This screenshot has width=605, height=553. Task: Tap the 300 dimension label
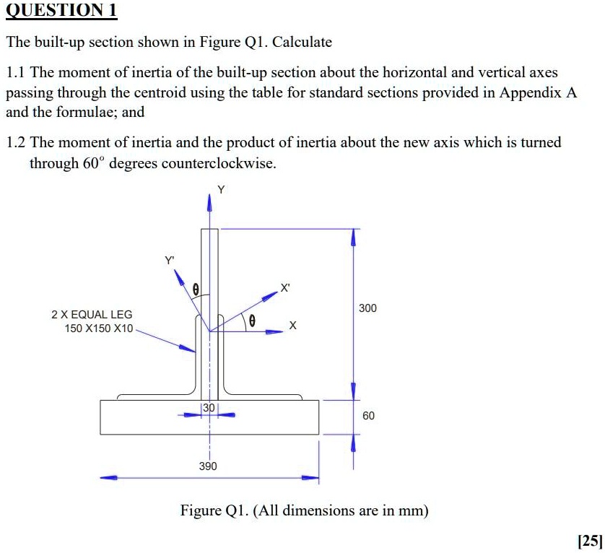click(367, 308)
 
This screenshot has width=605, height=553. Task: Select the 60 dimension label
click(368, 416)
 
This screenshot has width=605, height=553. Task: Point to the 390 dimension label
click(208, 466)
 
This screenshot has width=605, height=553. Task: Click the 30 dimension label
click(209, 408)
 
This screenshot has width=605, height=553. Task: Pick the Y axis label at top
click(221, 190)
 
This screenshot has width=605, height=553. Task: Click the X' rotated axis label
click(286, 289)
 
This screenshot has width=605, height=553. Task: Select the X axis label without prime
click(292, 326)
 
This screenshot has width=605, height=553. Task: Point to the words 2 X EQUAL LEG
click(92, 315)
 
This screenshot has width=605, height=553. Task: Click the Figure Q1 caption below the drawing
click(304, 511)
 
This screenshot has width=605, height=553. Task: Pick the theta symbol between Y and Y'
click(195, 289)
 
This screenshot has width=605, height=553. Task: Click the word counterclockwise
click(218, 163)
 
